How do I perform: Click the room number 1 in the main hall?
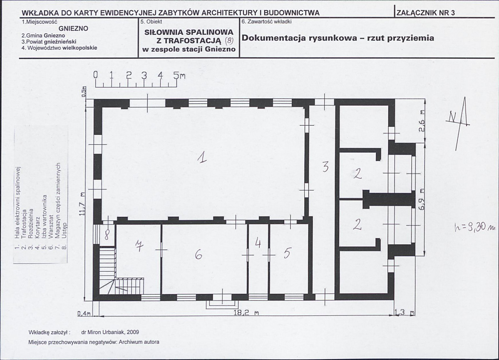(202, 157)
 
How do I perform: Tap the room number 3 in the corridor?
(325, 166)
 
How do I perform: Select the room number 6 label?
(199, 255)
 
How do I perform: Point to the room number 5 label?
(287, 253)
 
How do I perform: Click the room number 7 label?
(139, 246)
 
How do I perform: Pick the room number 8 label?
(107, 235)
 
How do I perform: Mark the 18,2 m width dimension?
(246, 313)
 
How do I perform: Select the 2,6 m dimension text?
(422, 121)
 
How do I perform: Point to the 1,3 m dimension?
(404, 312)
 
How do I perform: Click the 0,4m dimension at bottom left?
(84, 313)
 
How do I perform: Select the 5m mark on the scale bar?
(179, 75)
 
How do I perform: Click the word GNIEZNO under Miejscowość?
(73, 28)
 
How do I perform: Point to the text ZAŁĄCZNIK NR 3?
(426, 13)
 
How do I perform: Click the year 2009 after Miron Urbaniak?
(133, 332)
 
